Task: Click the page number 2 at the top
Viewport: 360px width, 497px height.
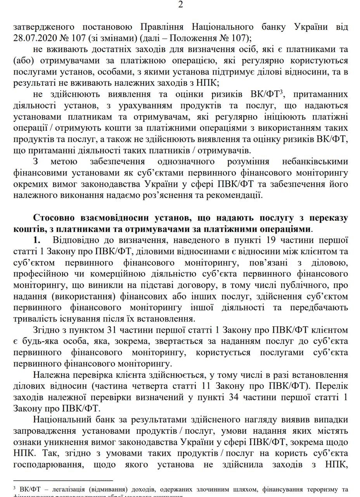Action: [x=180, y=5]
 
